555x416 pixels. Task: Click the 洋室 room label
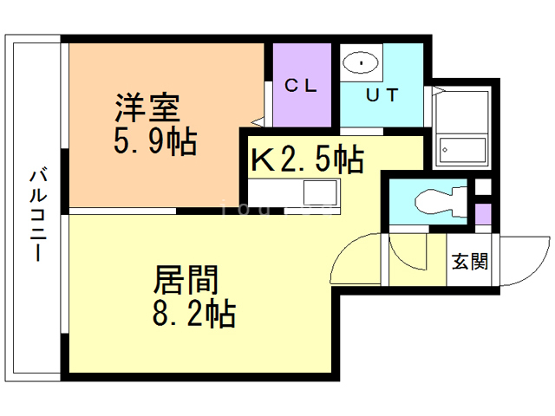tap(147, 110)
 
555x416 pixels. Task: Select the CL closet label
tap(302, 86)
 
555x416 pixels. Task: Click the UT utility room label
tap(381, 95)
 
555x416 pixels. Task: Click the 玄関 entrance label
tap(470, 261)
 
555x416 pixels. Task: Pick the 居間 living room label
tap(185, 281)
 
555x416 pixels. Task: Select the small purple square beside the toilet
tap(483, 213)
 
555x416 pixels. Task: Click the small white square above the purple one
tap(483, 186)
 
